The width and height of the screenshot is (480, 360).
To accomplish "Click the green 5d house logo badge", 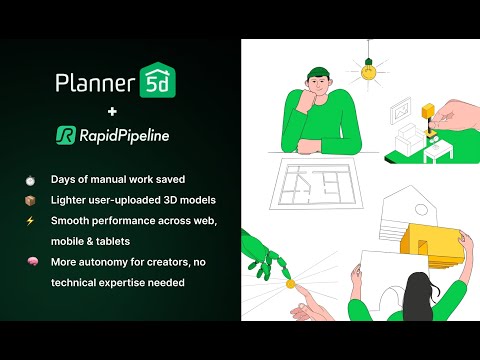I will pyautogui.click(x=158, y=81).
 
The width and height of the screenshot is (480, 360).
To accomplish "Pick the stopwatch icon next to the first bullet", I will pyautogui.click(x=31, y=181).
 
